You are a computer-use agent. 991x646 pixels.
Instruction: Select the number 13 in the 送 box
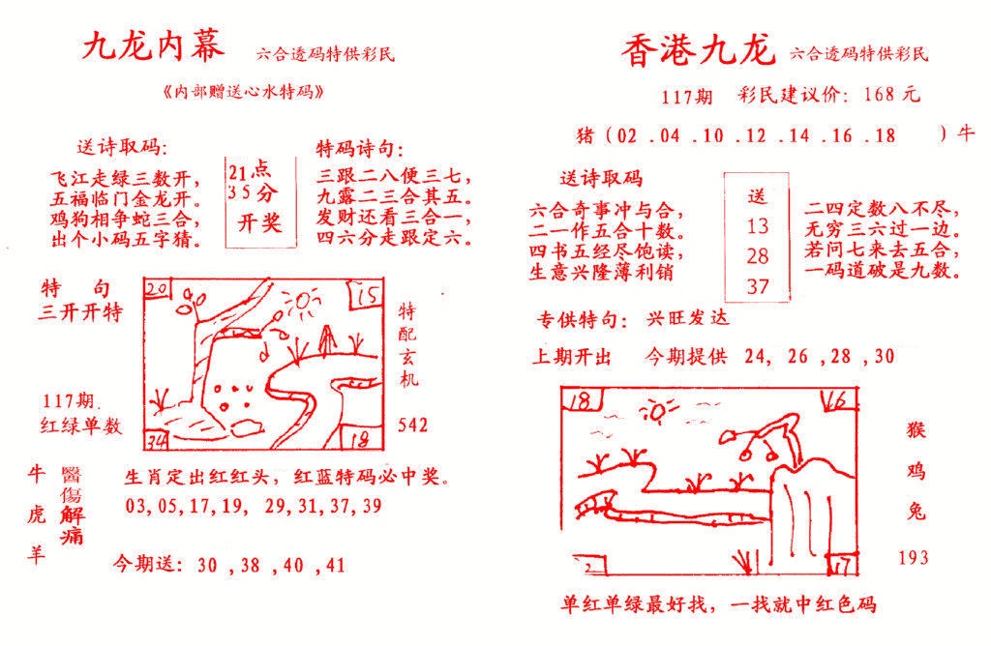(x=757, y=226)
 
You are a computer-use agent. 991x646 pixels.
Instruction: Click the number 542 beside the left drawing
(x=413, y=426)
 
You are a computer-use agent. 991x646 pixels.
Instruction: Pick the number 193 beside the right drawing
(x=913, y=557)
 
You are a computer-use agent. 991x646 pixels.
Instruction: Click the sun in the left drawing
(x=301, y=308)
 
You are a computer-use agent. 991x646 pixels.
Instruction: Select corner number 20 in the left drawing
(x=158, y=288)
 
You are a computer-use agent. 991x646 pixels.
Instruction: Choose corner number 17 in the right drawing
(x=843, y=563)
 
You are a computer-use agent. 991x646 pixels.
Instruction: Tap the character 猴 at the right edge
(x=917, y=430)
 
